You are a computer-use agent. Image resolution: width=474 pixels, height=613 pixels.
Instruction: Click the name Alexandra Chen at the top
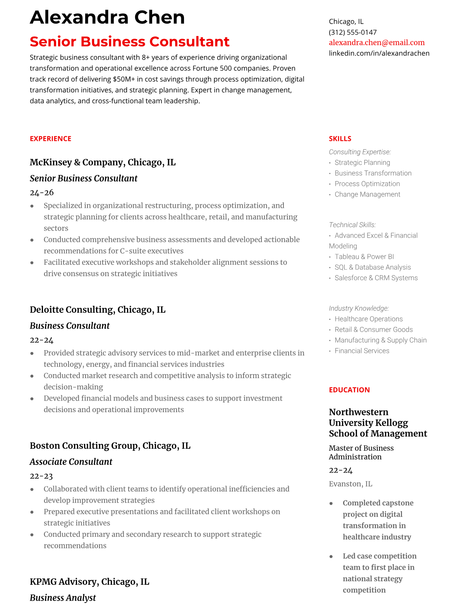click(x=107, y=18)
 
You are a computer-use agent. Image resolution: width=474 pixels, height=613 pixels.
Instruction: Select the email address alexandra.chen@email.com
click(x=376, y=43)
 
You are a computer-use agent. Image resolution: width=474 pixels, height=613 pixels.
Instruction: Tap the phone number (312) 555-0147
click(x=352, y=32)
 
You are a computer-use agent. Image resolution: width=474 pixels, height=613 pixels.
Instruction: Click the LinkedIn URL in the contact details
click(x=379, y=53)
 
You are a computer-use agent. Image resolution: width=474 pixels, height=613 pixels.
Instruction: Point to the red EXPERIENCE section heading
click(x=50, y=139)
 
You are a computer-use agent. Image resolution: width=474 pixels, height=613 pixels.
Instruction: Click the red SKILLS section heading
click(x=340, y=139)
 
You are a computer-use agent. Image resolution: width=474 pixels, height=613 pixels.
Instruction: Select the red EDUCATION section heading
click(x=349, y=390)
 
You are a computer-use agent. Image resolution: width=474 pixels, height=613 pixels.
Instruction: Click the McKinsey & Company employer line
click(x=103, y=162)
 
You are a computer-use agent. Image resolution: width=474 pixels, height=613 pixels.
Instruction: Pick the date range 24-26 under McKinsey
click(x=41, y=192)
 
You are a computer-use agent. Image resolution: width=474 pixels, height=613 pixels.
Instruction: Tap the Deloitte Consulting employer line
click(x=97, y=310)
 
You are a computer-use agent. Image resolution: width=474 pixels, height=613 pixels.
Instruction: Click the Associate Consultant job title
click(x=71, y=462)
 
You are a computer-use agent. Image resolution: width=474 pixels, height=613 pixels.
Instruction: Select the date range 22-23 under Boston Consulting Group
click(x=41, y=476)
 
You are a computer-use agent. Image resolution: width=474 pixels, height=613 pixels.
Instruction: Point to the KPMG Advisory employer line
click(x=89, y=582)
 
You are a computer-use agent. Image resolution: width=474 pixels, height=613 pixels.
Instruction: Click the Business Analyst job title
click(x=63, y=598)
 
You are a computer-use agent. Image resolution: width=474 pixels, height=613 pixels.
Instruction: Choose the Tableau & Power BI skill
click(x=364, y=257)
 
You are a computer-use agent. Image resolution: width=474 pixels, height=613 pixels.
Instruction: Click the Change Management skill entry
click(x=367, y=194)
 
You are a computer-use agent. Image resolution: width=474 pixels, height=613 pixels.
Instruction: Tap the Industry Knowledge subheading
click(x=359, y=308)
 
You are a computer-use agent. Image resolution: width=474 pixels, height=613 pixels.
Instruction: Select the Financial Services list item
click(x=362, y=351)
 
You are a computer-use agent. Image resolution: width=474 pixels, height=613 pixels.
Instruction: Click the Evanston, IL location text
click(x=350, y=484)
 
